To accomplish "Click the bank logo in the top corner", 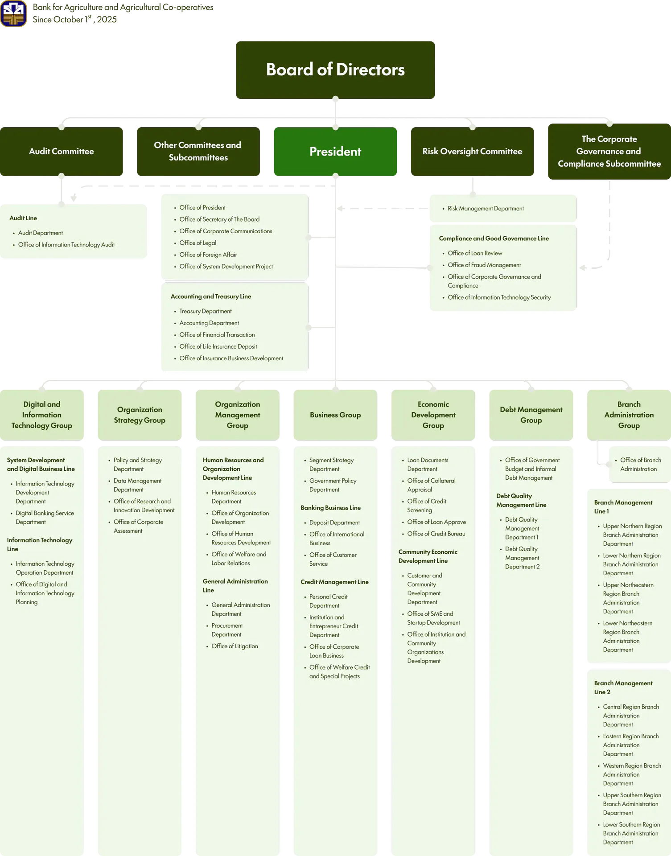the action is tap(14, 13).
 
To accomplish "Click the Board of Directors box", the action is tap(335, 70).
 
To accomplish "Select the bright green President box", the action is tap(335, 152).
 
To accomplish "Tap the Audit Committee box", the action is tap(62, 152).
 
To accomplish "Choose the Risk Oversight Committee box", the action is tap(472, 152).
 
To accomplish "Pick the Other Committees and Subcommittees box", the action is tap(198, 152).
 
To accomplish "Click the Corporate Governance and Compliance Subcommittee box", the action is tap(609, 152).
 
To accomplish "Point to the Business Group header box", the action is tap(335, 415).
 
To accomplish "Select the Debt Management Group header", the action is tap(531, 415).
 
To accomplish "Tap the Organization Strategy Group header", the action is tap(140, 415).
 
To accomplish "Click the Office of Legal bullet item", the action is tap(198, 243).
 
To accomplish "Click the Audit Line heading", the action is tap(23, 218).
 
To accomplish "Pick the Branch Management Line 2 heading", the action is tap(623, 687).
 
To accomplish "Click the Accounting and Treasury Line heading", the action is tap(211, 296).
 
